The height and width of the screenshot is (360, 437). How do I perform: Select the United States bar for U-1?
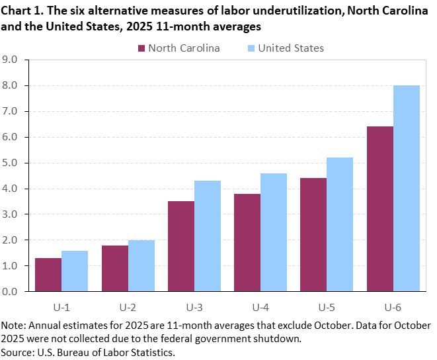(75, 271)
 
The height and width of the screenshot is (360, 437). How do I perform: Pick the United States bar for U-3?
(208, 236)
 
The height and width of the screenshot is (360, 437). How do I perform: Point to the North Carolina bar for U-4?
(247, 242)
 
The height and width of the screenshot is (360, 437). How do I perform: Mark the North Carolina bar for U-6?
(379, 208)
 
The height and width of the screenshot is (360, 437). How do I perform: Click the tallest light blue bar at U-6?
(406, 188)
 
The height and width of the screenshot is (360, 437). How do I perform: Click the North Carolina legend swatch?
(142, 48)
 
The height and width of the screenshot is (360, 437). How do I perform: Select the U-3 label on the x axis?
(194, 307)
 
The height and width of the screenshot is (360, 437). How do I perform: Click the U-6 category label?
(393, 307)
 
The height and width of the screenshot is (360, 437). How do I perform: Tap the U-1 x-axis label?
(61, 307)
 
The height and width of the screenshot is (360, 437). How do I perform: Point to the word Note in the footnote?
(13, 326)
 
